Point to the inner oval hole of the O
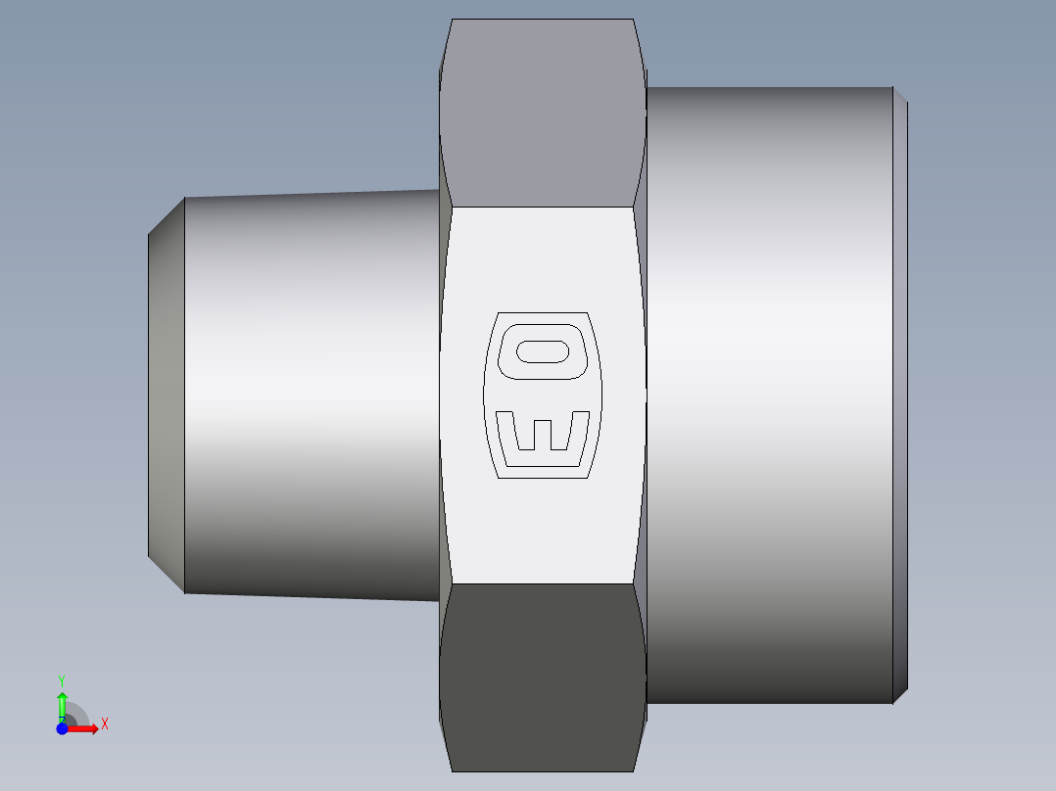[544, 351]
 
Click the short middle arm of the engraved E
[543, 435]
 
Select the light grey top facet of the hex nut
[542, 113]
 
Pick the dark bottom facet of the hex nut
[542, 675]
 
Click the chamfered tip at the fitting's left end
[167, 395]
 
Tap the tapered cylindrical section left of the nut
[312, 395]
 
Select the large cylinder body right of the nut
[769, 395]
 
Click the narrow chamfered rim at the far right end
[900, 395]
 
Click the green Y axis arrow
[62, 703]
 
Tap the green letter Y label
[62, 679]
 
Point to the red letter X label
[104, 724]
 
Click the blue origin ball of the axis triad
[62, 728]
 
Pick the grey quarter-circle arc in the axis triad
[78, 713]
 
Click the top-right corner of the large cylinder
[892, 89]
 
